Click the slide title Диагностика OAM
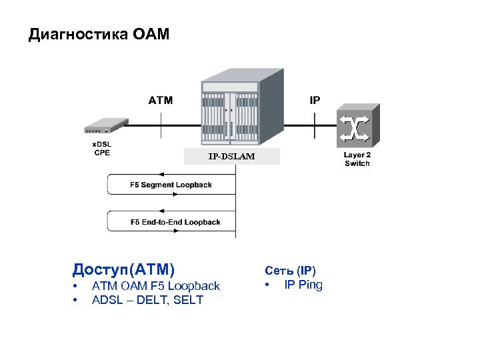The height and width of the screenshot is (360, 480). [x=99, y=34]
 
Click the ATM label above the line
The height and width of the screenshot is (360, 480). [x=160, y=101]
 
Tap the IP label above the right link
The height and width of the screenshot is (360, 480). [x=315, y=101]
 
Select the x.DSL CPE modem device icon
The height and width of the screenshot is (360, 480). [x=105, y=125]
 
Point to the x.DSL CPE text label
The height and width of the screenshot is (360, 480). [x=102, y=148]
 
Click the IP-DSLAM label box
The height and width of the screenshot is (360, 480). [x=231, y=156]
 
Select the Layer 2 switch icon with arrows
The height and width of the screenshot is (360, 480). [x=358, y=127]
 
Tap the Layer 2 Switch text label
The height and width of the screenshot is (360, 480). [x=357, y=159]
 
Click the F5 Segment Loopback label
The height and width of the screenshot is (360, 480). [x=171, y=185]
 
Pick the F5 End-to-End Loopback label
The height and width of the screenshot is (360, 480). [x=175, y=222]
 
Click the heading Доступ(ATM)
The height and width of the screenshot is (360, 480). [x=124, y=269]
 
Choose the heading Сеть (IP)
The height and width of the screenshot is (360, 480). [x=291, y=271]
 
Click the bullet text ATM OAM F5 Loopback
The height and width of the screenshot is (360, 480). [x=155, y=286]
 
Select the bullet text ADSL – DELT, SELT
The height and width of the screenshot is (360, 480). [x=147, y=300]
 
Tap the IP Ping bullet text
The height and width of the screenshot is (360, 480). [x=303, y=285]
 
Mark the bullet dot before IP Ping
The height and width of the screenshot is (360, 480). [x=267, y=286]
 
